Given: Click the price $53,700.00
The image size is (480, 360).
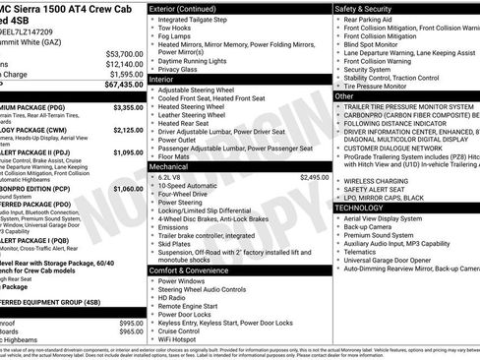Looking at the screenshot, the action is click(x=124, y=53).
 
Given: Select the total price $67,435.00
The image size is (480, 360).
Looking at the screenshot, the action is click(x=124, y=85).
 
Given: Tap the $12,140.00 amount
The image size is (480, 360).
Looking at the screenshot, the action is click(x=124, y=63).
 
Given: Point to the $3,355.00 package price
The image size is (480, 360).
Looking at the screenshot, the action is click(x=128, y=107).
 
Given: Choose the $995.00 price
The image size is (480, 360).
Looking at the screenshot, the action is click(x=131, y=323).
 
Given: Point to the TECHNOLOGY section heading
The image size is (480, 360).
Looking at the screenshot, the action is click(x=366, y=208).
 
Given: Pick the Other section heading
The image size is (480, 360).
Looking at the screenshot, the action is click(x=344, y=96).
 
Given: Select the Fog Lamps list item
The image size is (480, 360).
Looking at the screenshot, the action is click(x=177, y=35).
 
